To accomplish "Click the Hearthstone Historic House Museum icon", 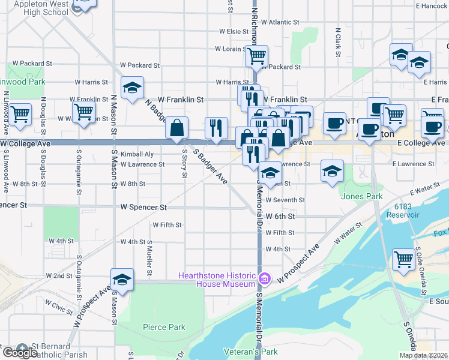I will tap(264, 278).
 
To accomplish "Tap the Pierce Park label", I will tap(164, 327).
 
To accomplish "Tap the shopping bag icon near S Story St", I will tap(177, 128).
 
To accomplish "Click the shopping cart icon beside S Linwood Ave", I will tap(20, 113).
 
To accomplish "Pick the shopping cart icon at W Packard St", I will tap(256, 57).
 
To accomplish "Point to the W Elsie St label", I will tap(234, 31).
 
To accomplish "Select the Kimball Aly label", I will tap(137, 154).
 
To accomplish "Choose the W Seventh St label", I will tap(285, 200).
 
